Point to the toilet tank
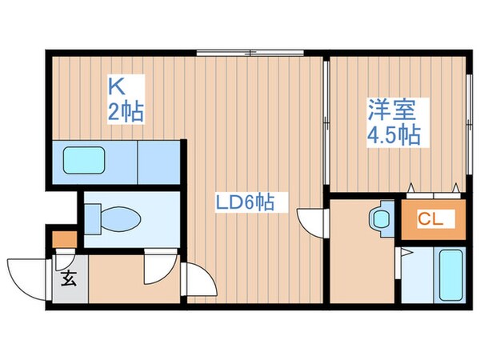click(92, 217)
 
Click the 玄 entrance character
click(70, 280)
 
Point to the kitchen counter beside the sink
click(161, 162)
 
